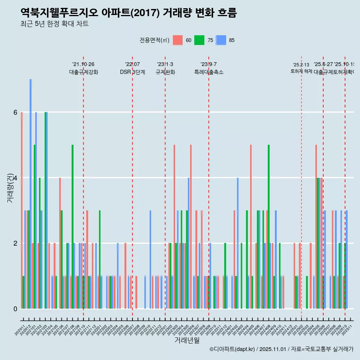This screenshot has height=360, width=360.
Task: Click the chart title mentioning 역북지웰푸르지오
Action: [129, 13]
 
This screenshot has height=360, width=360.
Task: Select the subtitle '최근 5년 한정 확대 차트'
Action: [54, 24]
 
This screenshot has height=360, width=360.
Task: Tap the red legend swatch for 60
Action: [178, 40]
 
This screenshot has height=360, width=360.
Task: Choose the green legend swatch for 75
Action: [199, 40]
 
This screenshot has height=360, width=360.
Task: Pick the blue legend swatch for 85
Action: [221, 40]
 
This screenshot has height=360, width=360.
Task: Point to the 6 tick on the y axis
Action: [15, 112]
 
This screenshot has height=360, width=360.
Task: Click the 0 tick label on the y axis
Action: [15, 309]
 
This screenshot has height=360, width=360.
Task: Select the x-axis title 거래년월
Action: [187, 340]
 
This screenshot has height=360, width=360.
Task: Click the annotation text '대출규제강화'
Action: [84, 72]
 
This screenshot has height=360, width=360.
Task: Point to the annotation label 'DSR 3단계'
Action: [132, 72]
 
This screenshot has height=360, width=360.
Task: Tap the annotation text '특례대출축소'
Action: [208, 72]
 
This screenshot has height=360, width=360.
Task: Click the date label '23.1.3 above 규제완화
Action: [165, 64]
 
